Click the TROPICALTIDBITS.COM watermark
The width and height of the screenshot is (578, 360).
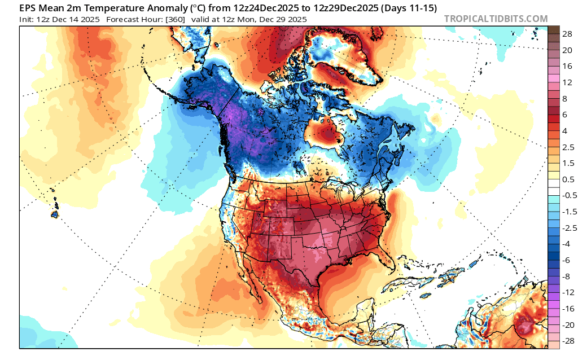pyautogui.click(x=496, y=19)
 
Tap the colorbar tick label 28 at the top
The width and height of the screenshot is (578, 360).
pyautogui.click(x=552, y=34)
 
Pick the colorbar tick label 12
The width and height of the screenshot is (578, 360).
pyautogui.click(x=552, y=82)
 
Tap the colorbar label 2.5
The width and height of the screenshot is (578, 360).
pyautogui.click(x=553, y=147)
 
